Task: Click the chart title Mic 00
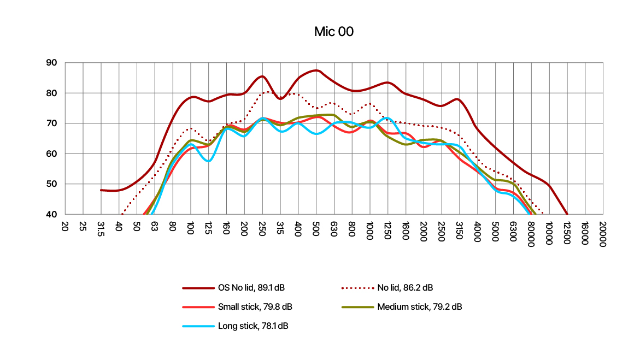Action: coord(333,32)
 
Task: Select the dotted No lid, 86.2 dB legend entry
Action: coord(387,288)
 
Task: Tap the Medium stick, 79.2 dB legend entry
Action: coord(402,306)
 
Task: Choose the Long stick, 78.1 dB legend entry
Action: coord(235,326)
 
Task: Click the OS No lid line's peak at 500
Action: coord(316,70)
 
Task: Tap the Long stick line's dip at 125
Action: coord(208,161)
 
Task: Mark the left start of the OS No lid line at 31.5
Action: coord(101,190)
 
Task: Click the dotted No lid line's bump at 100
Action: coord(190,129)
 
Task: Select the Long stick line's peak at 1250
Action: coord(387,117)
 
